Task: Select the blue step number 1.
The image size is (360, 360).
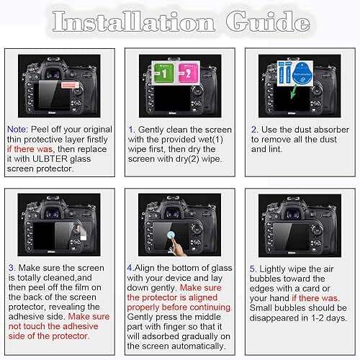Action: tap(131, 129)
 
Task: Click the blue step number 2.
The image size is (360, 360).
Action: tap(254, 129)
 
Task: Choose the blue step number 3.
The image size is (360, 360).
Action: tap(11, 267)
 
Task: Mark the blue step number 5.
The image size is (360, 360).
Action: tap(253, 267)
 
